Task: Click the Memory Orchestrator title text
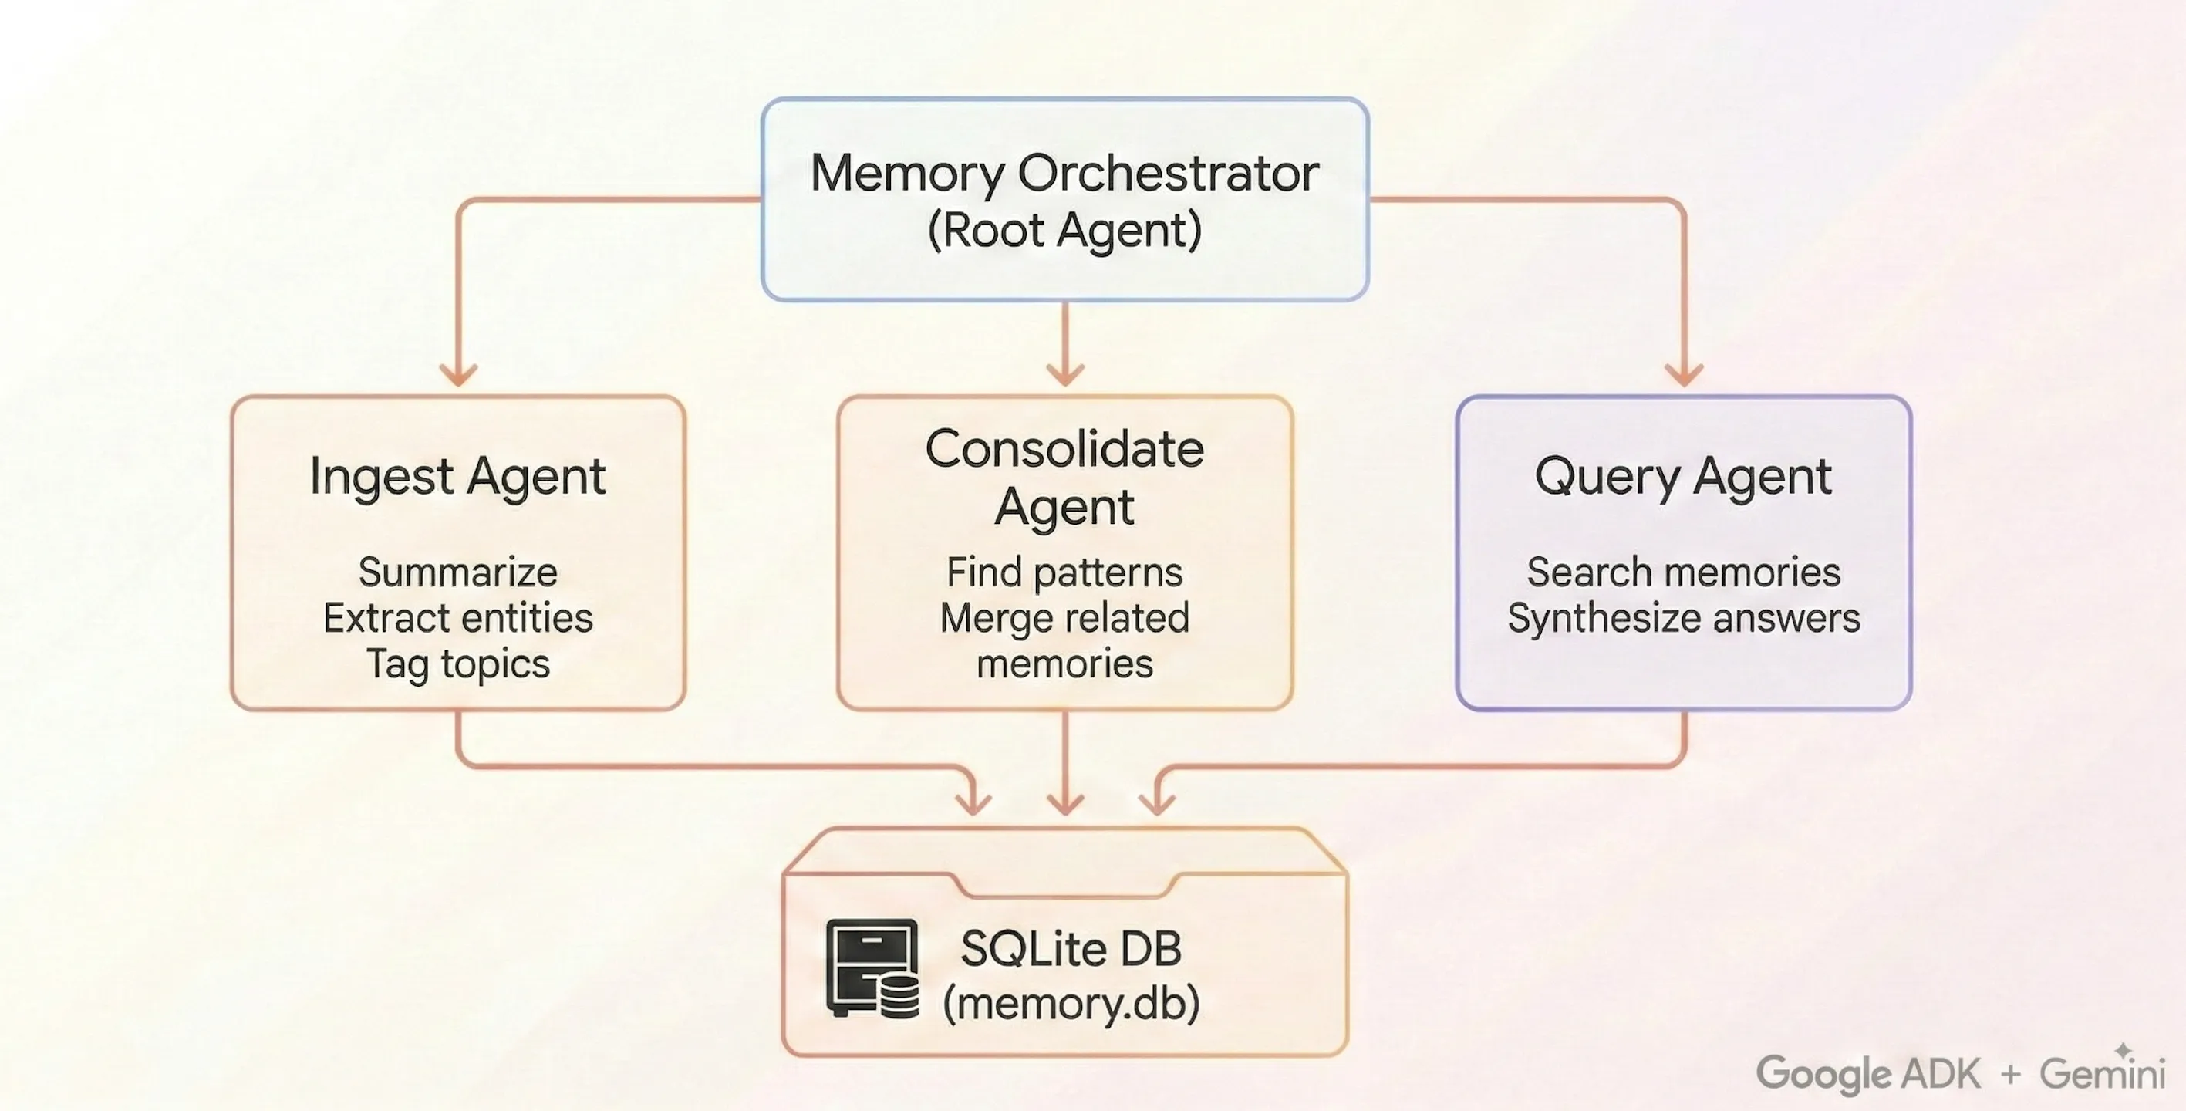(1064, 173)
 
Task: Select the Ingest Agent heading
(457, 477)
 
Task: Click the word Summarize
(457, 572)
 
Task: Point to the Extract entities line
(457, 618)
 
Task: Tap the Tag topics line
(457, 664)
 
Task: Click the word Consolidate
(1064, 449)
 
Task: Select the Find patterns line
(1064, 572)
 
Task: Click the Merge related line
(1064, 618)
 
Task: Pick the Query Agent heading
(1683, 477)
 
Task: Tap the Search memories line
(1683, 572)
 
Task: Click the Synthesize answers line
(1683, 618)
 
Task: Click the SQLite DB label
(1071, 949)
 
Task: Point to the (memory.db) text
(1071, 1003)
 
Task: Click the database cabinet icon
(872, 968)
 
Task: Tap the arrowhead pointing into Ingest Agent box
(458, 374)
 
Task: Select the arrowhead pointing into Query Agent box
(1684, 374)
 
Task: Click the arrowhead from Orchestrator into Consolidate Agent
(1065, 374)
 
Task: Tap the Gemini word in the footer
(2102, 1074)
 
